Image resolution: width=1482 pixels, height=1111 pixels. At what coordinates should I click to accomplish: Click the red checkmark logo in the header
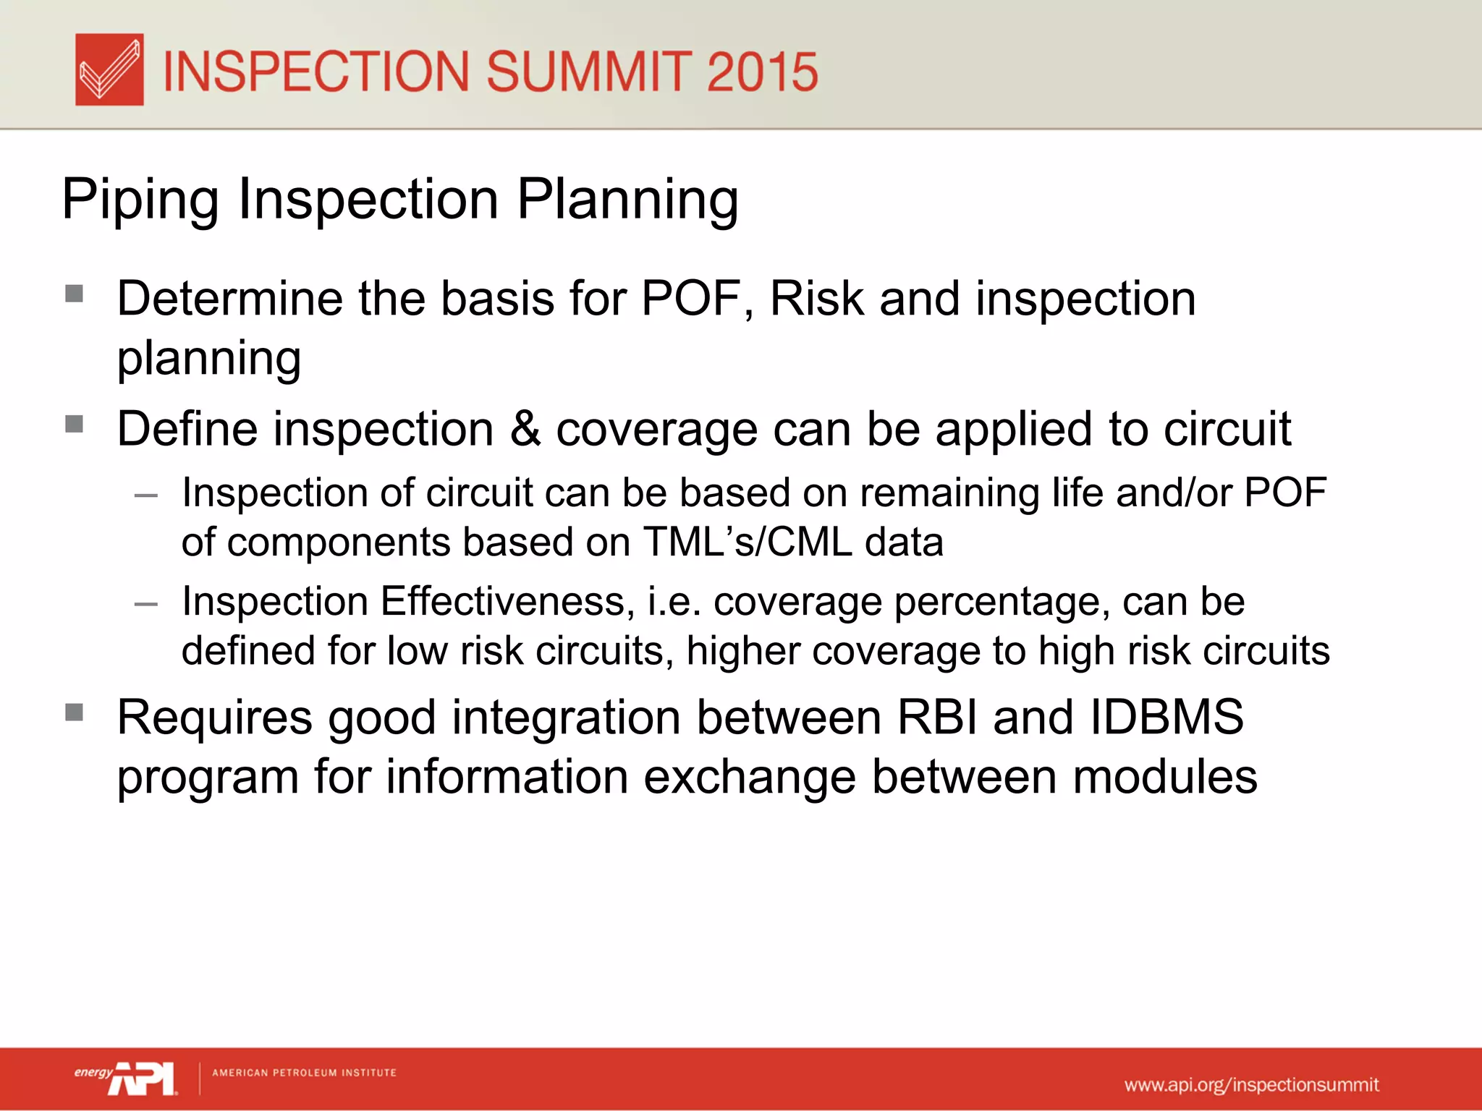(x=109, y=69)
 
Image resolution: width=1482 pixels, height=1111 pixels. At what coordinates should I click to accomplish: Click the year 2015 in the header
(x=762, y=72)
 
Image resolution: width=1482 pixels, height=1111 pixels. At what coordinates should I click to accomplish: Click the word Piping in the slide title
(x=140, y=200)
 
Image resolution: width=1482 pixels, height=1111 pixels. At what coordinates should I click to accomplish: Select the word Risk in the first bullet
(x=817, y=299)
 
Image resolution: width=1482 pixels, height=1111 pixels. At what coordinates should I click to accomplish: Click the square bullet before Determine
(x=74, y=294)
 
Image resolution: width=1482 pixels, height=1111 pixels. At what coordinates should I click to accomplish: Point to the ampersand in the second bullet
(x=525, y=429)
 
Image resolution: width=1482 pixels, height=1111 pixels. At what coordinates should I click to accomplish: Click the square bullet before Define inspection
(x=74, y=424)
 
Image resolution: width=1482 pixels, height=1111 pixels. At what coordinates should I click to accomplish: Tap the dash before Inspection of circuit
(x=146, y=496)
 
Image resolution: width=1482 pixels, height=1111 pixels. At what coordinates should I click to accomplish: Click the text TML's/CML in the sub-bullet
(x=748, y=542)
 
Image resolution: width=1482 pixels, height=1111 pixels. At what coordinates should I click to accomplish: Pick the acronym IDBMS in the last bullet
(x=1166, y=718)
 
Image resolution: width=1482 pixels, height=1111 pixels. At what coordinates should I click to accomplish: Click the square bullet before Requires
(x=74, y=713)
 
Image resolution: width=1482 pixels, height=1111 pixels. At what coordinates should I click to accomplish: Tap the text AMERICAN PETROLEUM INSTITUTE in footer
(x=304, y=1073)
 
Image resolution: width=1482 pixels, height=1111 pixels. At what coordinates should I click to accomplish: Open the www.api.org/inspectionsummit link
(x=1251, y=1085)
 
